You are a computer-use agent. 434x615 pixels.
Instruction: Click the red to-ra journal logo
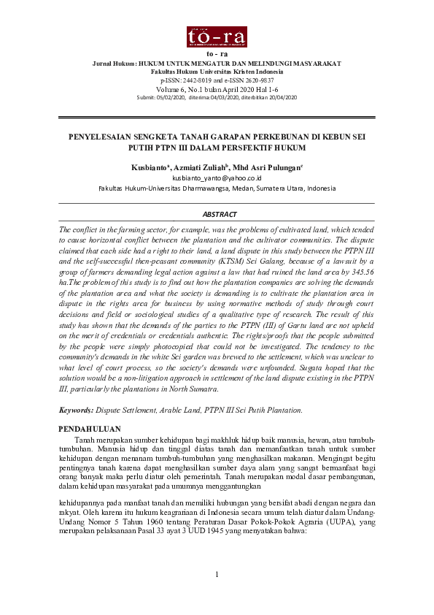point(217,37)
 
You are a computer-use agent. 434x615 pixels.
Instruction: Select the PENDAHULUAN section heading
point(89,428)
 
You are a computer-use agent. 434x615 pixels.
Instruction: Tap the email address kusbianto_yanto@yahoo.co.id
point(217,177)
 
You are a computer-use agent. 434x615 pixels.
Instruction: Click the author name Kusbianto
point(150,167)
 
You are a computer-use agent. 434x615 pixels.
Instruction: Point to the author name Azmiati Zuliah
point(201,167)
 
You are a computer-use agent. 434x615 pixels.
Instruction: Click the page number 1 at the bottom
point(217,574)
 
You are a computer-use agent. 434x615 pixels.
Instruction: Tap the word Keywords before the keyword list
point(76,410)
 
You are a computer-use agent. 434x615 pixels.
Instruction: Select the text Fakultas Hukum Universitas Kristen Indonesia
point(217,72)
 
